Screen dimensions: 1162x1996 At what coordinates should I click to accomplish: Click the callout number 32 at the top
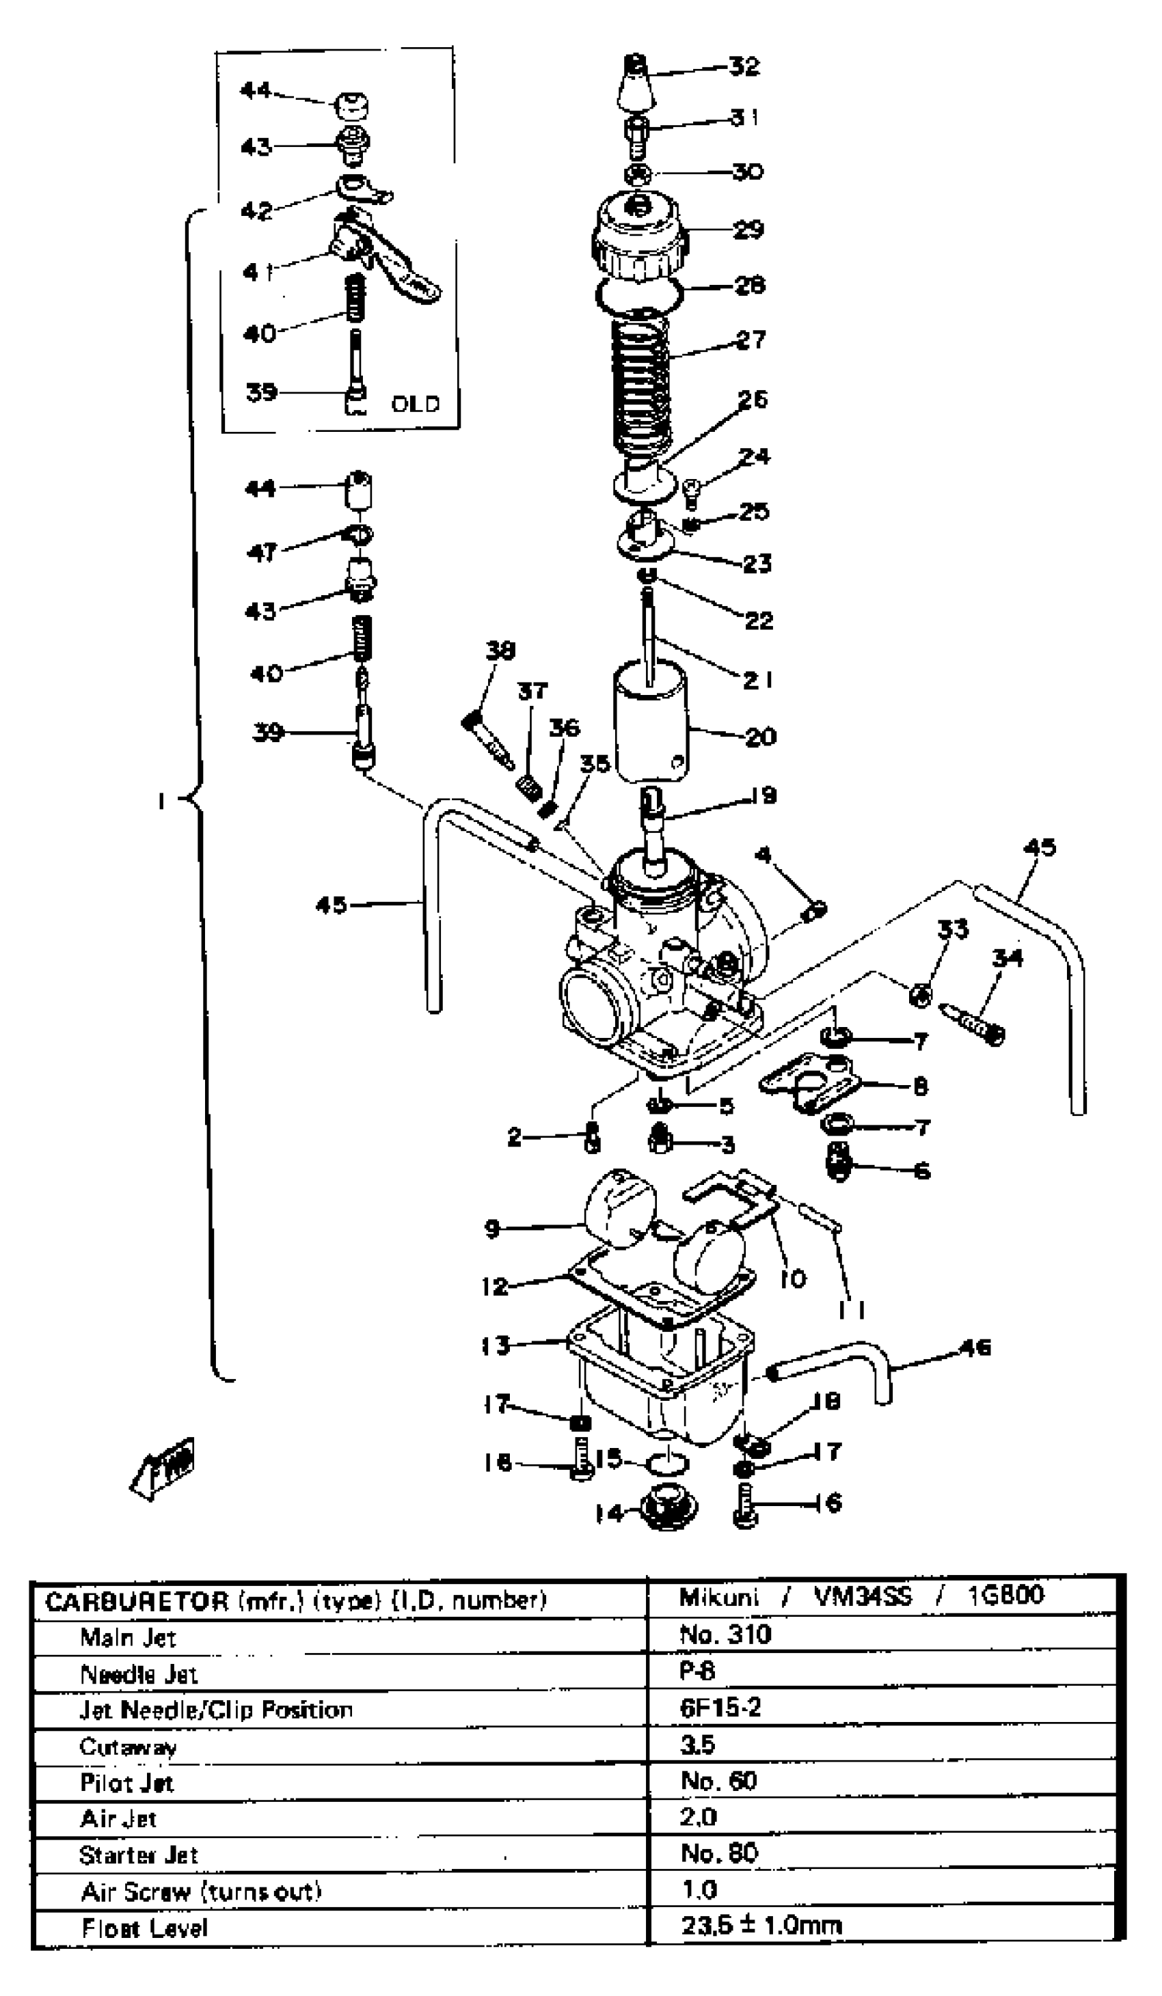pyautogui.click(x=744, y=66)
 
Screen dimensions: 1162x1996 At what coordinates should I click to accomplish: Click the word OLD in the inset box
pyautogui.click(x=415, y=404)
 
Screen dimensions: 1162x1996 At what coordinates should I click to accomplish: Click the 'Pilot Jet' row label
pyautogui.click(x=126, y=1783)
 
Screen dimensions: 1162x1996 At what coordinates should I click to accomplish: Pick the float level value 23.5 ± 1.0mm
pyautogui.click(x=760, y=1926)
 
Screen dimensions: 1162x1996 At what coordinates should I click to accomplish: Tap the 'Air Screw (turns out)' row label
pyautogui.click(x=201, y=1891)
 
